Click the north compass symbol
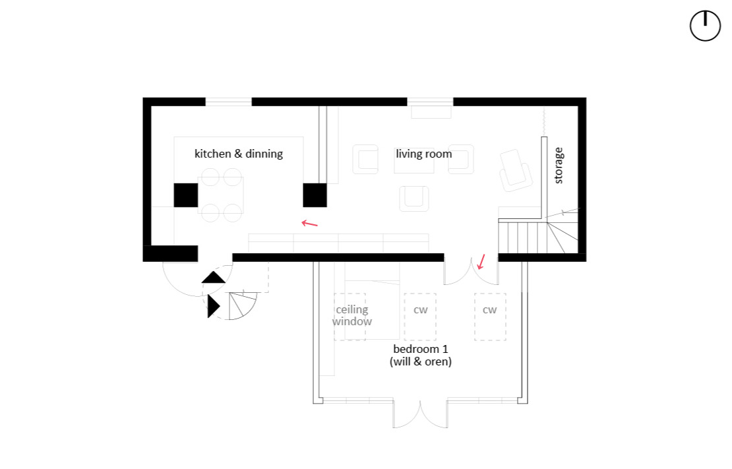pos(705,26)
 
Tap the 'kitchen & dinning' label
pos(239,154)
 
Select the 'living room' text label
pos(424,154)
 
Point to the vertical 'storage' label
pos(559,166)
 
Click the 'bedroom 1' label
pos(421,349)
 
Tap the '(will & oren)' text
pos(421,361)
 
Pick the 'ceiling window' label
pos(352,315)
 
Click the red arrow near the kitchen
pos(309,224)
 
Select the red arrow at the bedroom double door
pos(481,262)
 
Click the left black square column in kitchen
pos(186,195)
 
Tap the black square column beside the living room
pos(315,195)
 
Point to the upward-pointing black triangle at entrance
pos(214,278)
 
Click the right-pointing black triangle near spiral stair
pos(214,307)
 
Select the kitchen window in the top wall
pos(229,102)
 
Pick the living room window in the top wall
pos(430,102)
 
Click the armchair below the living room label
pos(414,199)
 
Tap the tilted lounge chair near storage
pos(516,170)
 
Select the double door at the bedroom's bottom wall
pos(420,414)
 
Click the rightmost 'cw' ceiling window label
pos(490,310)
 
